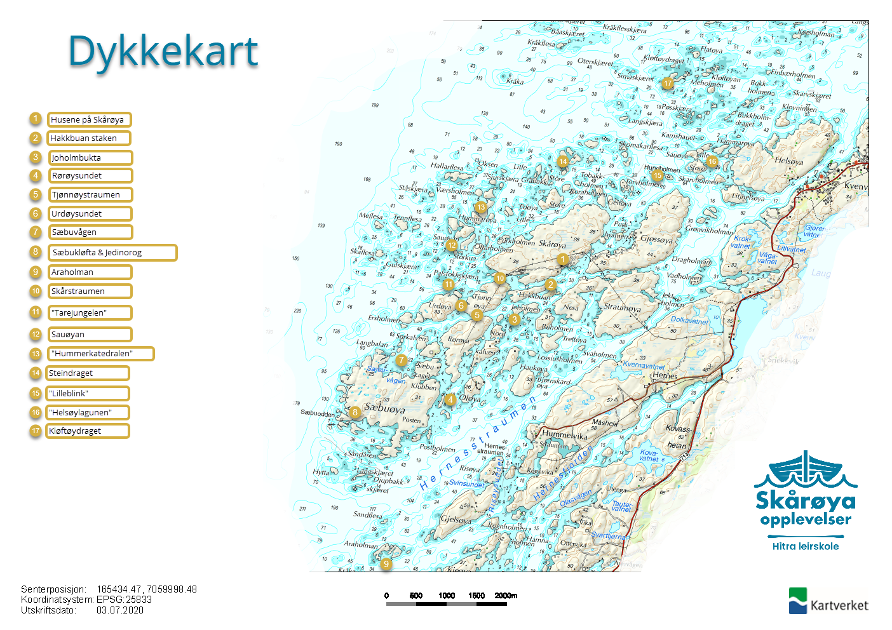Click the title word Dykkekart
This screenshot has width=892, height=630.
163,51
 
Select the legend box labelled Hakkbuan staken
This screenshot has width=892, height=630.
89,138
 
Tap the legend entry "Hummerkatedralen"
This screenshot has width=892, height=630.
100,354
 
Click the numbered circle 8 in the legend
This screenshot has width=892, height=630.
36,252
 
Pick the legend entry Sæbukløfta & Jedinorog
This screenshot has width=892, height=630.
112,253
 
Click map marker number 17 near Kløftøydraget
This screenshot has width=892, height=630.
667,83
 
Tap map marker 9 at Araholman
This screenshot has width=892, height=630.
386,563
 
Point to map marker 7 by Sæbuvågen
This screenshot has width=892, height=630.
401,360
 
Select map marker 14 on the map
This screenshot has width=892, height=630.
563,161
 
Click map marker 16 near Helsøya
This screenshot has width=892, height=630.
712,161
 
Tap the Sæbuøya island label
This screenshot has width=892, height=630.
385,408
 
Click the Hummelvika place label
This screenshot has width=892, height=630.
564,436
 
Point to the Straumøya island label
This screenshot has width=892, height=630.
622,307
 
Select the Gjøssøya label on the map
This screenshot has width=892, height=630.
656,239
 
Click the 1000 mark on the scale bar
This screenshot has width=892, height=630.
447,596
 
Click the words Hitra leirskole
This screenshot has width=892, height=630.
806,546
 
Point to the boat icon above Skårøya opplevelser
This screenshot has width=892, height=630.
805,470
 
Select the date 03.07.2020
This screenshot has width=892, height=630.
120,610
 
